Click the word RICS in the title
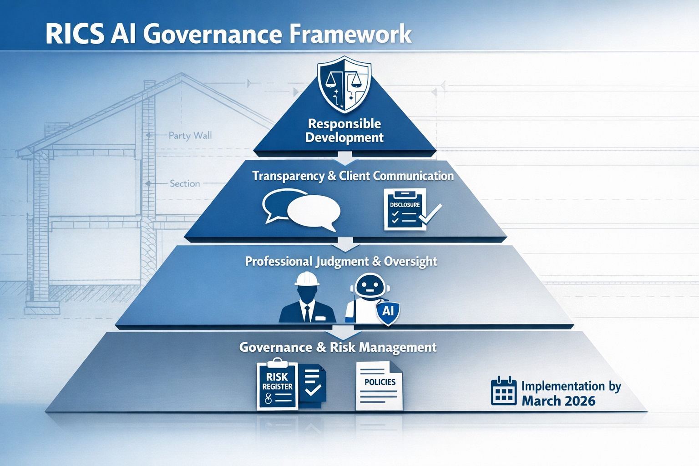tap(75, 35)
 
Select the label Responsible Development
tap(344, 131)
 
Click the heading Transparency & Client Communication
tap(353, 176)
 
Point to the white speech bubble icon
tap(314, 210)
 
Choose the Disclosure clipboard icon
tap(405, 210)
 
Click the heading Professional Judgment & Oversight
tap(341, 262)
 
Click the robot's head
tap(370, 286)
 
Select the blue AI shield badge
tap(388, 312)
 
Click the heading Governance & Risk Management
tap(338, 348)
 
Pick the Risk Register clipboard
tap(277, 385)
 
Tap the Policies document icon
tap(379, 385)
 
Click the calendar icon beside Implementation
tap(503, 391)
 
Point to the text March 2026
tap(558, 401)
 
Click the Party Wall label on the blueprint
tap(190, 136)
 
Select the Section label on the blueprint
tap(185, 183)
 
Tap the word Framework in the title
tap(350, 35)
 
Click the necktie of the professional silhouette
tap(307, 313)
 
